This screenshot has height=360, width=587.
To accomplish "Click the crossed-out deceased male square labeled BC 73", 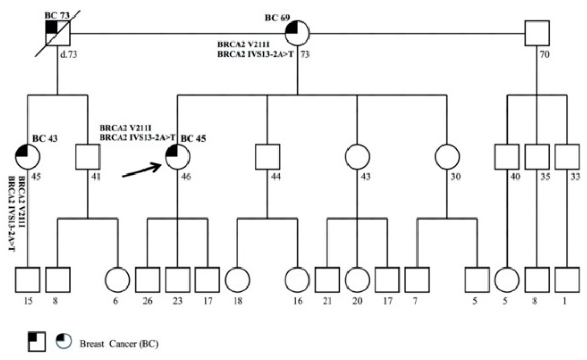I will (x=58, y=33).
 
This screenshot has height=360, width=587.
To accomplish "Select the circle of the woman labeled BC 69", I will (x=297, y=33).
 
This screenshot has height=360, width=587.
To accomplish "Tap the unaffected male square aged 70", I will (x=537, y=33).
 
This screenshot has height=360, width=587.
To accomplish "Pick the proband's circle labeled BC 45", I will (x=178, y=156).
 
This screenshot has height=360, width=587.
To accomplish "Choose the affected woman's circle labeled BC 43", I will (x=28, y=156).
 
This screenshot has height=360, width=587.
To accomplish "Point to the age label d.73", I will (x=69, y=55).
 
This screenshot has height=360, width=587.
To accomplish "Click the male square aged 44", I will (x=267, y=156).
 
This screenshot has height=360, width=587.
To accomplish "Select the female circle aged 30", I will (x=447, y=156).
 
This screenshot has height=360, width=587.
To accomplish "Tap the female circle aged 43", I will (x=357, y=156).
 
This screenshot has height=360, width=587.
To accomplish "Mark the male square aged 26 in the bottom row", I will (x=147, y=280).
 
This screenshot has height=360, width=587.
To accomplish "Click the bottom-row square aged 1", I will (x=567, y=280).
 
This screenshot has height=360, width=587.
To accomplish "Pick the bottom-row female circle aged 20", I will (x=357, y=280).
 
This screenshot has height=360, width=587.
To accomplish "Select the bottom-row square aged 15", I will (x=28, y=280).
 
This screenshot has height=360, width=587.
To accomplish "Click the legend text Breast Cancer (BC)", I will (x=119, y=344).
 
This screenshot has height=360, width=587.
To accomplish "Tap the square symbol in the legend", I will (x=37, y=341).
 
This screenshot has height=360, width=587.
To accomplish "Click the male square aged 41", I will (x=88, y=156).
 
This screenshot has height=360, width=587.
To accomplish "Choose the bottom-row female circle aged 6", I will (x=117, y=280).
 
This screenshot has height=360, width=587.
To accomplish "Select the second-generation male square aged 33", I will (x=567, y=156).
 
